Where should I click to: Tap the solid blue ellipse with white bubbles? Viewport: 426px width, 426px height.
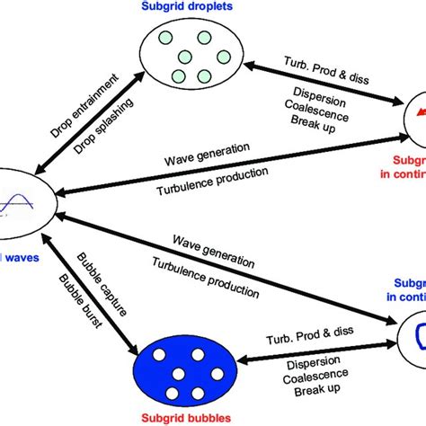click(184, 352)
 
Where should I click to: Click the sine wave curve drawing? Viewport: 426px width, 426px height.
click(19, 195)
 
